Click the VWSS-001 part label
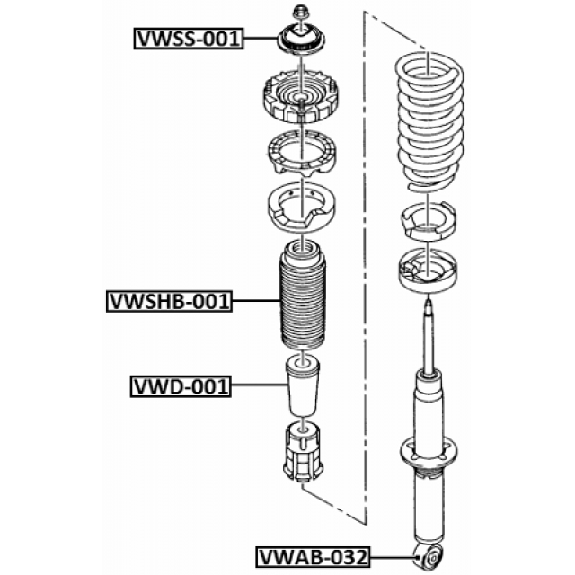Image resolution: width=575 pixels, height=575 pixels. pyautogui.click(x=189, y=38)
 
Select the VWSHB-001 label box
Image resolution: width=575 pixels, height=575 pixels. pyautogui.click(x=170, y=302)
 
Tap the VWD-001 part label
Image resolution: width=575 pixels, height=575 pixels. pyautogui.click(x=181, y=386)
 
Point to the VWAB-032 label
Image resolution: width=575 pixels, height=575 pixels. pyautogui.click(x=314, y=557)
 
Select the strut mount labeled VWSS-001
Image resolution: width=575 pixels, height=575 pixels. pyautogui.click(x=301, y=40)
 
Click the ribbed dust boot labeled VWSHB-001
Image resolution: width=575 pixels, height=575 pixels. pyautogui.click(x=303, y=296)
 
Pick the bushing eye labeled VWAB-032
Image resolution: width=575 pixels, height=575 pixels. pyautogui.click(x=429, y=558)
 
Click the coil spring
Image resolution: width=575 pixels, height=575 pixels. pyautogui.click(x=429, y=122)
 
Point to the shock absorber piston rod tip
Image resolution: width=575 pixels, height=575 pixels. pyautogui.click(x=428, y=302)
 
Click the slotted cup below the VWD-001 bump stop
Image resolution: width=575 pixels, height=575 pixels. pyautogui.click(x=303, y=452)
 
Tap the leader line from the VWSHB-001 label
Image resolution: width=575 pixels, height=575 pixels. pyautogui.click(x=256, y=301)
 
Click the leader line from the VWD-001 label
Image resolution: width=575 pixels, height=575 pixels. pyautogui.click(x=260, y=385)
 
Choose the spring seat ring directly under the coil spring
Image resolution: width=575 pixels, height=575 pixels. pyautogui.click(x=429, y=222)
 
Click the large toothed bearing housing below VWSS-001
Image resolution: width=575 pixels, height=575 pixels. pyautogui.click(x=301, y=96)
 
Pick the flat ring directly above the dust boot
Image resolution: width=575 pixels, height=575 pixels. pyautogui.click(x=302, y=208)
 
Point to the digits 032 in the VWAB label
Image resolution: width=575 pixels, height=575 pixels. pyautogui.click(x=349, y=557)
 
